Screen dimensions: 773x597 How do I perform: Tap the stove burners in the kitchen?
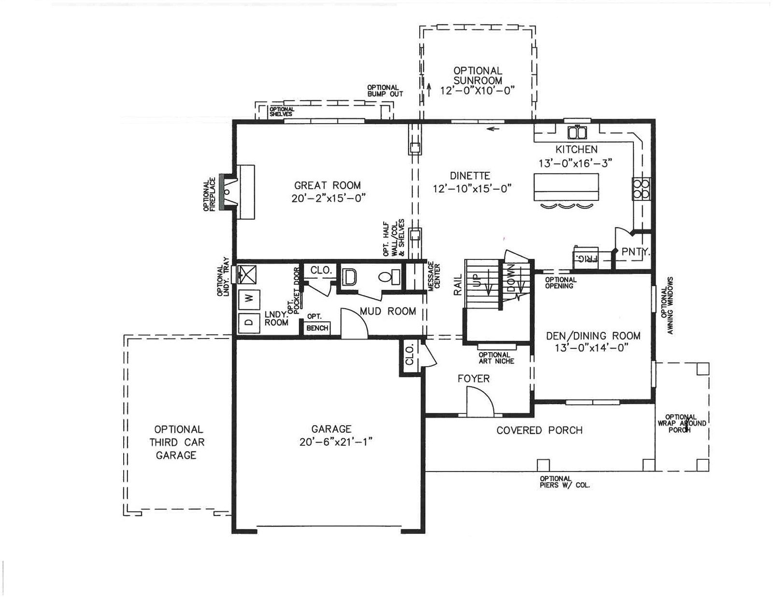pyautogui.click(x=641, y=188)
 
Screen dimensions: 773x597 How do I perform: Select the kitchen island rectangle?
pyautogui.click(x=566, y=187)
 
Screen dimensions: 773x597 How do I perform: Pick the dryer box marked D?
pyautogui.click(x=249, y=323)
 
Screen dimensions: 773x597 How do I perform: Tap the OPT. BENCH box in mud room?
pyautogui.click(x=316, y=328)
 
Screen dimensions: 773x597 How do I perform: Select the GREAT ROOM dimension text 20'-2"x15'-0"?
pyautogui.click(x=329, y=198)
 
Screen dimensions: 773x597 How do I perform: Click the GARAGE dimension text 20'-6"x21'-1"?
pyautogui.click(x=335, y=442)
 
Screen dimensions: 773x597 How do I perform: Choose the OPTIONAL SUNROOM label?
pyautogui.click(x=478, y=75)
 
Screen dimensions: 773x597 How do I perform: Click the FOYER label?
pyautogui.click(x=473, y=379)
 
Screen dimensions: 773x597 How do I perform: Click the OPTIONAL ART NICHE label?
pyautogui.click(x=496, y=358)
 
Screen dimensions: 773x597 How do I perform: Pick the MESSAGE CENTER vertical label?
pyautogui.click(x=434, y=277)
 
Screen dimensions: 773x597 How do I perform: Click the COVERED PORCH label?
pyautogui.click(x=539, y=430)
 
